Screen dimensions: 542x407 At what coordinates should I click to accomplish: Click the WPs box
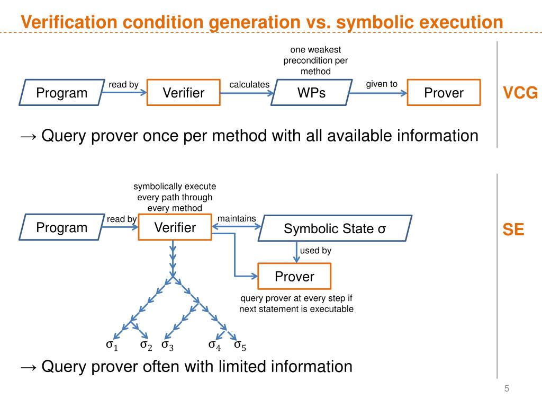point(311,92)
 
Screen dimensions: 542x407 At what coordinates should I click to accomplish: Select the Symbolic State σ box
point(335,228)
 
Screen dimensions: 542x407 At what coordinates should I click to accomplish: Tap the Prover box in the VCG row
point(444,92)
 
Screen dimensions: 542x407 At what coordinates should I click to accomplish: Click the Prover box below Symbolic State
point(294,276)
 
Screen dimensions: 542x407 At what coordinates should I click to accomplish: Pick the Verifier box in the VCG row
point(184,92)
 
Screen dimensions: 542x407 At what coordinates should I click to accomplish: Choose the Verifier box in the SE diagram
point(175,227)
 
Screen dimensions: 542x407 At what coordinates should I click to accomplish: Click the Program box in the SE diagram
point(62,227)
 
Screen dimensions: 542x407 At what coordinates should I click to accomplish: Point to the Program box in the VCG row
point(62,92)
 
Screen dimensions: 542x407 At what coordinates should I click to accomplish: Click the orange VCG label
point(520,93)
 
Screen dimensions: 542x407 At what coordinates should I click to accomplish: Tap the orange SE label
point(513,229)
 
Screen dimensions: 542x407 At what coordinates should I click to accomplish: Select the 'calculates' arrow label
point(249,84)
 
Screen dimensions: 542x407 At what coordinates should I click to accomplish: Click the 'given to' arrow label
point(382,84)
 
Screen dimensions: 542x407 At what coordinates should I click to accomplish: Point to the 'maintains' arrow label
point(237,218)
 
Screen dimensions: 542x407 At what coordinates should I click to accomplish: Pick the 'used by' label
point(315,250)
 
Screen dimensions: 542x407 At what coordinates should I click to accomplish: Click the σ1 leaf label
point(112,345)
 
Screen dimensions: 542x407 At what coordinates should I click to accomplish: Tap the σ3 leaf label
point(168,346)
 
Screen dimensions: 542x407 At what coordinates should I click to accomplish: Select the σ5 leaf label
point(240,346)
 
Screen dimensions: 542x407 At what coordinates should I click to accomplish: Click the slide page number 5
point(507,388)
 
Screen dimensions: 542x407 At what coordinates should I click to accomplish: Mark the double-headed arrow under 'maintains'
point(237,227)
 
